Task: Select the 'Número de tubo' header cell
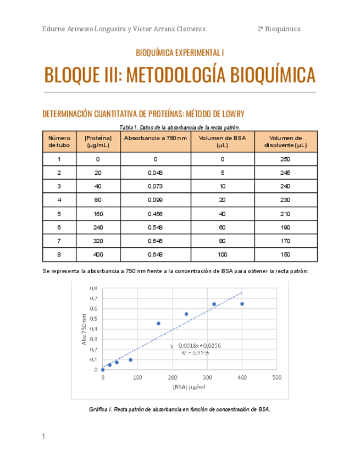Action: pyautogui.click(x=59, y=142)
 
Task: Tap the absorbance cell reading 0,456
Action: pyautogui.click(x=156, y=214)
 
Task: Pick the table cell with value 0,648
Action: pyautogui.click(x=156, y=254)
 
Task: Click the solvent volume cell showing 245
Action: pyautogui.click(x=285, y=173)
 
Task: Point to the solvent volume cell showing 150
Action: pyautogui.click(x=285, y=254)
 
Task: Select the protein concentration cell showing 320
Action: pyautogui.click(x=98, y=241)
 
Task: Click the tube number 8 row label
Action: pyautogui.click(x=59, y=254)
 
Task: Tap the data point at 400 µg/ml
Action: pyautogui.click(x=242, y=304)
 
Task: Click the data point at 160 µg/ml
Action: pyautogui.click(x=158, y=323)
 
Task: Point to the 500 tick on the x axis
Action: pyautogui.click(x=276, y=378)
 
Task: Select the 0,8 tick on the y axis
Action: pyautogui.click(x=93, y=288)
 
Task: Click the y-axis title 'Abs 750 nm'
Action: pyautogui.click(x=84, y=329)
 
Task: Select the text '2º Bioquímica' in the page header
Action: pyautogui.click(x=279, y=29)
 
